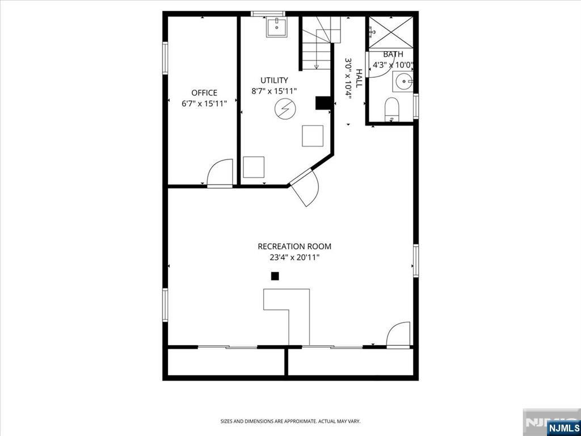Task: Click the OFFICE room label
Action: tap(204, 93)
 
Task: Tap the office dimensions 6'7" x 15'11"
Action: tap(204, 103)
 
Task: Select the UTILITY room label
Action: tap(274, 80)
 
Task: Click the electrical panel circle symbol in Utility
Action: tap(284, 109)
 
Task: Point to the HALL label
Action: tap(359, 78)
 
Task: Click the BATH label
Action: tap(393, 54)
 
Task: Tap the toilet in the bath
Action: tap(391, 109)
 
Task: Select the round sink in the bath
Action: tap(404, 82)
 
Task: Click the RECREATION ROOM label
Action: tap(294, 246)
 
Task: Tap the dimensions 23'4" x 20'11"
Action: tap(294, 257)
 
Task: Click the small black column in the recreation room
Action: tap(275, 276)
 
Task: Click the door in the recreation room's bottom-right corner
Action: tap(398, 335)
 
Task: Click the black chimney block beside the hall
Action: tap(323, 103)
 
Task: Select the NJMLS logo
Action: tap(561, 427)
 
